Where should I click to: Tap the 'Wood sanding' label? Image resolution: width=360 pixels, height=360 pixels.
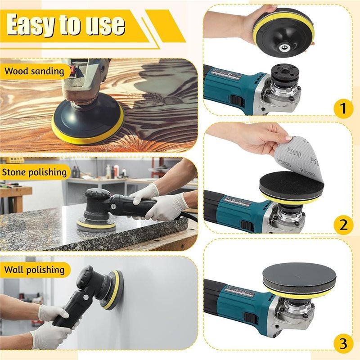click(x=35, y=71)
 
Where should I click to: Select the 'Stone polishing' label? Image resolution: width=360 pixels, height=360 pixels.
click(x=35, y=172)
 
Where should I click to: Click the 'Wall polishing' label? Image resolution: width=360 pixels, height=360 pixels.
click(x=35, y=270)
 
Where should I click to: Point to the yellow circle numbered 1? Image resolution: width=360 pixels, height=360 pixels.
click(x=343, y=108)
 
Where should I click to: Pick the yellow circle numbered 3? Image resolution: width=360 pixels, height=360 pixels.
click(x=343, y=344)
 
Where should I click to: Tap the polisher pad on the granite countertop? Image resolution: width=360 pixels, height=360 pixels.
click(x=95, y=224)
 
